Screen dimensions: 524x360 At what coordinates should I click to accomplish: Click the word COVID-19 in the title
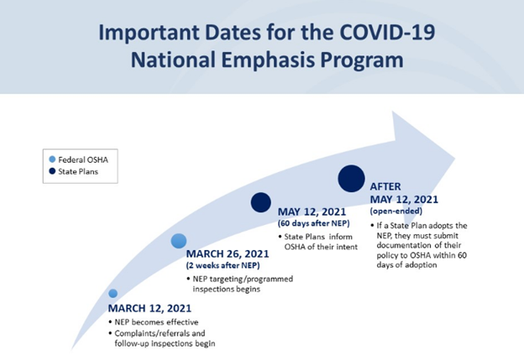click(387, 33)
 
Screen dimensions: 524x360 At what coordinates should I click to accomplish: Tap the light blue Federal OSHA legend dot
click(52, 159)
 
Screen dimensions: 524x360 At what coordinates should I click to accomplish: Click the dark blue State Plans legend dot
click(52, 171)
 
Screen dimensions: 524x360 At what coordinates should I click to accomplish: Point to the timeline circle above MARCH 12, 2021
click(113, 293)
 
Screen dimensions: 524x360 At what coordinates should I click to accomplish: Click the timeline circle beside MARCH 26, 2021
click(179, 241)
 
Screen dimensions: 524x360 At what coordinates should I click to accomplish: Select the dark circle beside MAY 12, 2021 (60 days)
click(260, 202)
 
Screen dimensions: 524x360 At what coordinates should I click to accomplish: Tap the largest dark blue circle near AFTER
click(351, 179)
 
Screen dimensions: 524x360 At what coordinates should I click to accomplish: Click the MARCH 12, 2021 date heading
click(149, 308)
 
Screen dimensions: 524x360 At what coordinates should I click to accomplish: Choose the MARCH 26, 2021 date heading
click(228, 253)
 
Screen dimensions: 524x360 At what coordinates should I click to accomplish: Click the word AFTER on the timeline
click(385, 186)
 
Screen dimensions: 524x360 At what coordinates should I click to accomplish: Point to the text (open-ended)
click(396, 211)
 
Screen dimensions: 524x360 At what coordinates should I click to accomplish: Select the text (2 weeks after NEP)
click(223, 265)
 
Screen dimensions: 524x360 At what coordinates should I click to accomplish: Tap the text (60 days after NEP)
click(314, 223)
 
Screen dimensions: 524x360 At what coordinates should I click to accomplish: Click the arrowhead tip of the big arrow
click(455, 159)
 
